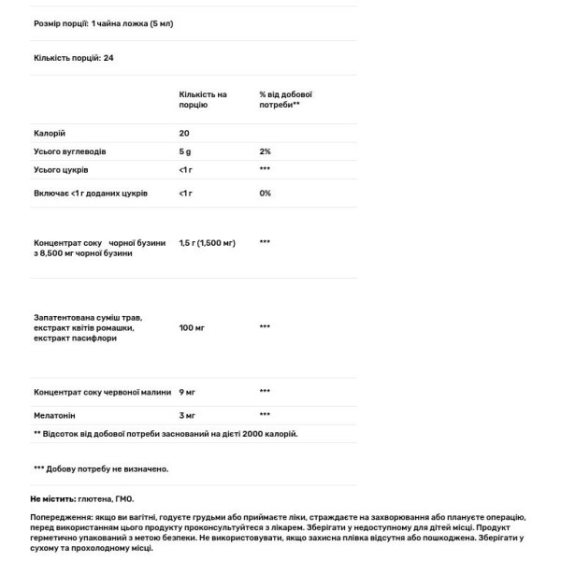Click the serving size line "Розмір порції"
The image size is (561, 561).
104,23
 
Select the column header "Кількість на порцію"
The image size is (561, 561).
203,100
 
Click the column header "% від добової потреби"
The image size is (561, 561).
285,100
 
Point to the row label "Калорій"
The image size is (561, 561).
50,134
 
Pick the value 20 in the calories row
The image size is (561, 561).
184,134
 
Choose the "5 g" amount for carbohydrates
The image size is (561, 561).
185,151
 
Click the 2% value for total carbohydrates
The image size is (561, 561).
265,151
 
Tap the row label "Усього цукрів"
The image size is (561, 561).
61,170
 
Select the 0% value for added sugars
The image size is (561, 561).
265,193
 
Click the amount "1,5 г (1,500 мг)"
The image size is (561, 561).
207,242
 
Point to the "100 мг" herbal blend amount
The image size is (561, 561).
190,327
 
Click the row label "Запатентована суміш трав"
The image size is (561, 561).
88,318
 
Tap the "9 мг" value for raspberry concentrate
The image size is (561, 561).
186,392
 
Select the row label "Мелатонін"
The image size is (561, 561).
54,413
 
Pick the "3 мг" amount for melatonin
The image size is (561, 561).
186,413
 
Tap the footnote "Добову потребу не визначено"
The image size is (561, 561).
101,468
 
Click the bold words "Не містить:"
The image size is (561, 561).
52,499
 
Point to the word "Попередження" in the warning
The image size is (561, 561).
61,517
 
